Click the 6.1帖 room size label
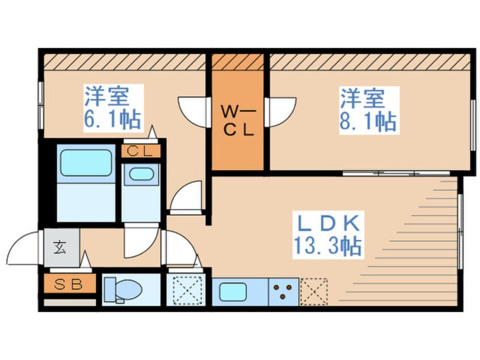pyautogui.click(x=113, y=119)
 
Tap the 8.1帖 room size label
pyautogui.click(x=368, y=122)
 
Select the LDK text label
pyautogui.click(x=329, y=223)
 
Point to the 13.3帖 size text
pyautogui.click(x=328, y=246)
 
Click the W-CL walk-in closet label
pyautogui.click(x=238, y=122)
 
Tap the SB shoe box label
pyautogui.click(x=68, y=284)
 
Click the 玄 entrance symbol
pyautogui.click(x=60, y=248)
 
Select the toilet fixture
pyautogui.click(x=123, y=290)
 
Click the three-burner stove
pyautogui.click(x=284, y=292)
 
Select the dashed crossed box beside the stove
pyautogui.click(x=314, y=292)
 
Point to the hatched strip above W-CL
pyautogui.click(x=238, y=62)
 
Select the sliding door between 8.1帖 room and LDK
pyautogui.click(x=396, y=173)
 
